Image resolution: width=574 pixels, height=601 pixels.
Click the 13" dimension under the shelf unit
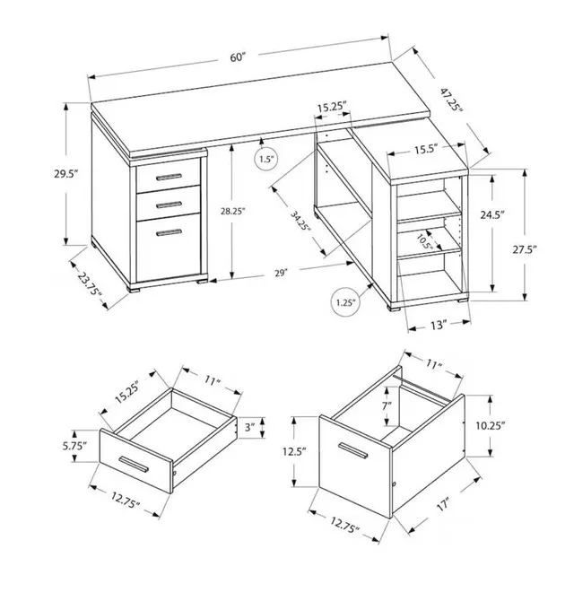439,327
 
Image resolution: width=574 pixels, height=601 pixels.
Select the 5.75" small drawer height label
72,445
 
